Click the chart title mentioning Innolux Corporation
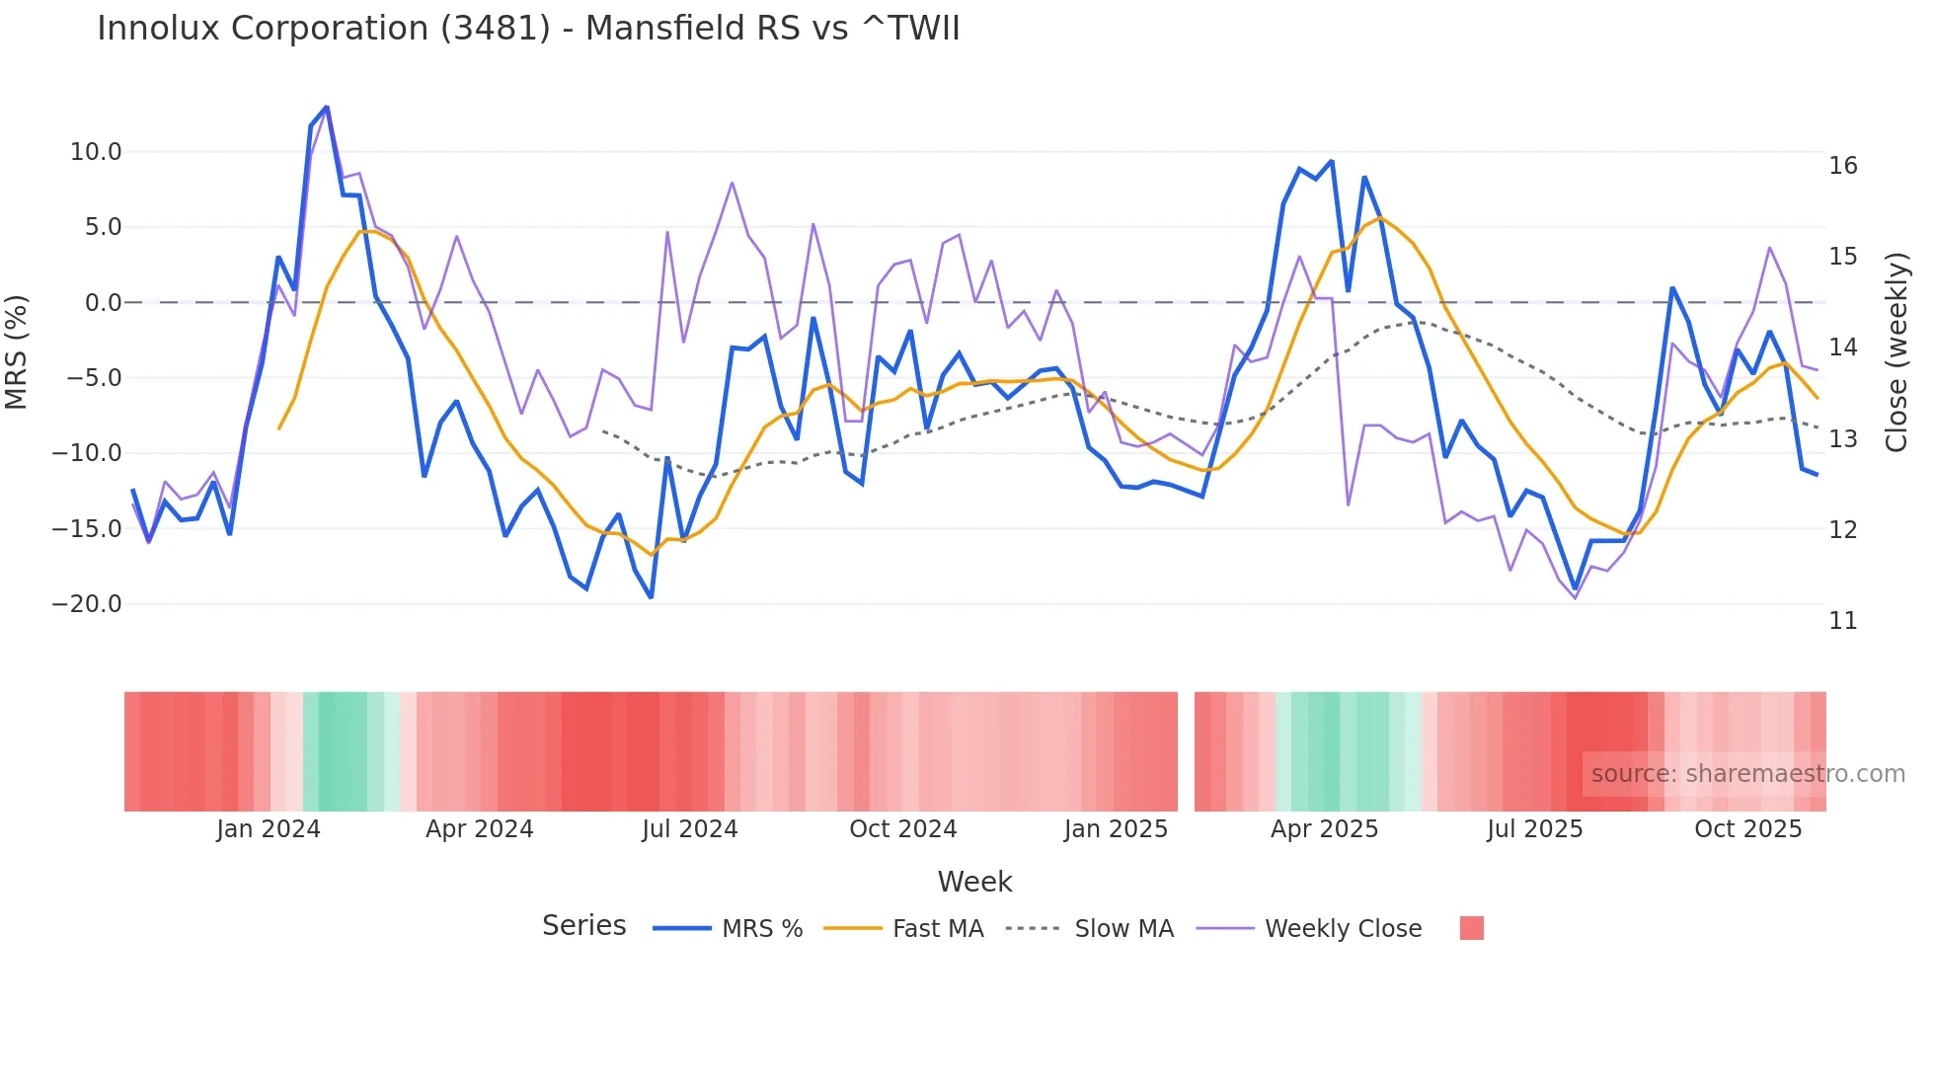click(528, 28)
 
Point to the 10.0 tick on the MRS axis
click(96, 152)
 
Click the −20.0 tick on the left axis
click(87, 604)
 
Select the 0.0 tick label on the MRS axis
click(103, 303)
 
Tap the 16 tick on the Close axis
click(1842, 166)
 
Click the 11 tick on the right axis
click(1842, 621)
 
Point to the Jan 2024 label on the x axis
click(269, 829)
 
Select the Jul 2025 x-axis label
click(1534, 829)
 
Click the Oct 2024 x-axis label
click(902, 829)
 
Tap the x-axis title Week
click(974, 882)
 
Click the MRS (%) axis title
click(17, 351)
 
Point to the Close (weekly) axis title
click(1896, 351)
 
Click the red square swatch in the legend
click(1471, 928)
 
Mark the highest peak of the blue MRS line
click(327, 107)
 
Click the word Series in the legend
click(583, 926)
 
